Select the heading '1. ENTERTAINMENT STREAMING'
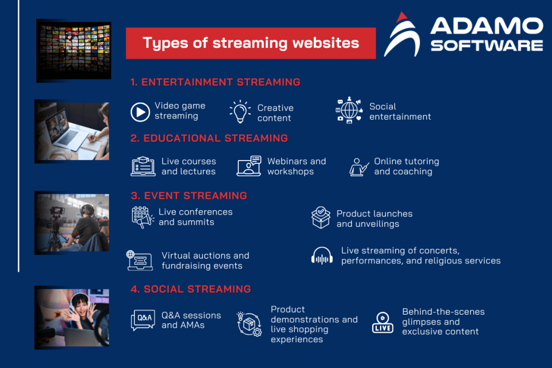(x=215, y=82)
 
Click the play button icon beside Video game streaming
(x=140, y=112)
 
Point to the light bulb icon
(x=239, y=112)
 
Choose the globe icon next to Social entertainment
(x=349, y=111)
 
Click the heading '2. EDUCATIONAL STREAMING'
(x=209, y=138)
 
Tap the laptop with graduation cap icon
(x=143, y=166)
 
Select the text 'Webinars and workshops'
(x=296, y=166)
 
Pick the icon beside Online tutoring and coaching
(x=358, y=167)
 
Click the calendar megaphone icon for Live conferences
(x=142, y=217)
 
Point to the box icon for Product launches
(x=321, y=218)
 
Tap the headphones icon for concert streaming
(x=322, y=255)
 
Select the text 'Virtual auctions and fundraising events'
(x=205, y=261)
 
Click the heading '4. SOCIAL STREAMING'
(x=191, y=289)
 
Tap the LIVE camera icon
(x=383, y=322)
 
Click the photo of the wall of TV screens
(x=73, y=51)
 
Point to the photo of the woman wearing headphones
(x=72, y=318)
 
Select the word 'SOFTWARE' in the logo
(x=486, y=45)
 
